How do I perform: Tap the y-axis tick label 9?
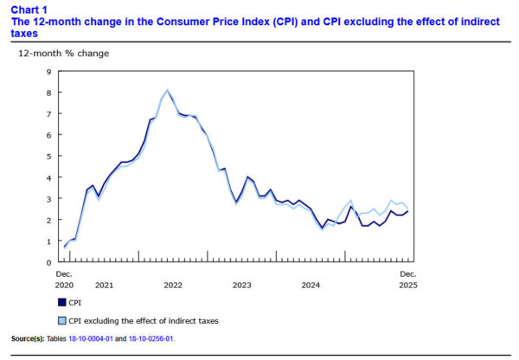pos(48,72)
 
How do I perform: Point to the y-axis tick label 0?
pos(48,262)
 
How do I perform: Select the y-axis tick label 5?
pos(48,157)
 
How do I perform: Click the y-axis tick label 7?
pos(48,114)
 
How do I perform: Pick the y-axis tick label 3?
pos(48,199)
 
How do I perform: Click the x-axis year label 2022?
pos(172,284)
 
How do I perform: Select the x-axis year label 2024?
pos(311,284)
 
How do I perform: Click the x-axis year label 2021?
pos(104,284)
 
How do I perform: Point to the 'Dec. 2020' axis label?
pos(66,279)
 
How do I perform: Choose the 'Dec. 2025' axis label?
pos(408,279)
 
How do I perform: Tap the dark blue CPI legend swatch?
pos(61,302)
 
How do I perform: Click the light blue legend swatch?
pos(61,320)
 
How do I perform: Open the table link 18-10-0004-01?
pos(102,338)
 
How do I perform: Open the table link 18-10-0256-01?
pos(151,338)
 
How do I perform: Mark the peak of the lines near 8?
pos(167,90)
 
